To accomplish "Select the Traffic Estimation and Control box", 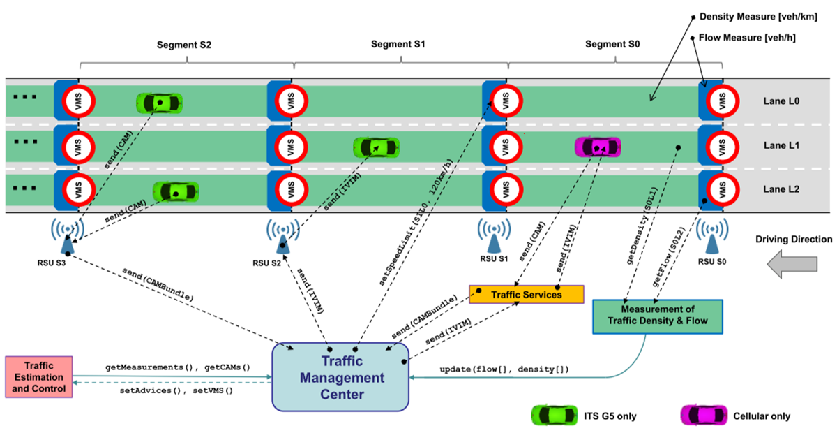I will pos(39,377).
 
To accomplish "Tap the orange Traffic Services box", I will pos(526,294).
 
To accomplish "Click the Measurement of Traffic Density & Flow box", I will pos(658,315).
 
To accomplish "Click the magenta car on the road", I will pos(597,147).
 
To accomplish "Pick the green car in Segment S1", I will pos(377,147).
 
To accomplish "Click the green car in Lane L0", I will pos(159,103).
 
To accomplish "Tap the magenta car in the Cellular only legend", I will pos(703,416).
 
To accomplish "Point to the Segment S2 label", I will pos(186,45).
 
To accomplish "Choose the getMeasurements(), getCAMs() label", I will pos(178,367).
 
